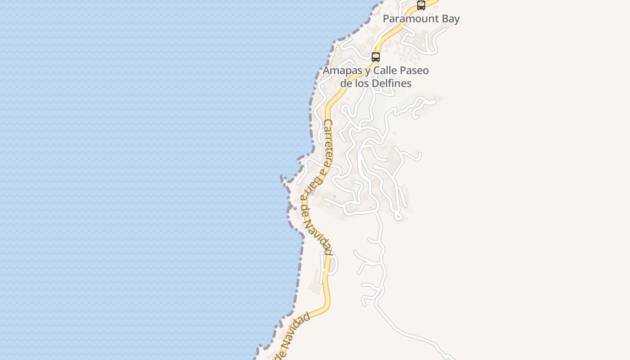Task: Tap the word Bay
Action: coord(450,19)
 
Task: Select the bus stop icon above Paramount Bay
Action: coord(421,5)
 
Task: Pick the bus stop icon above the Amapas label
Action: coord(376,57)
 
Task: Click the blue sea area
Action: coord(135,180)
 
